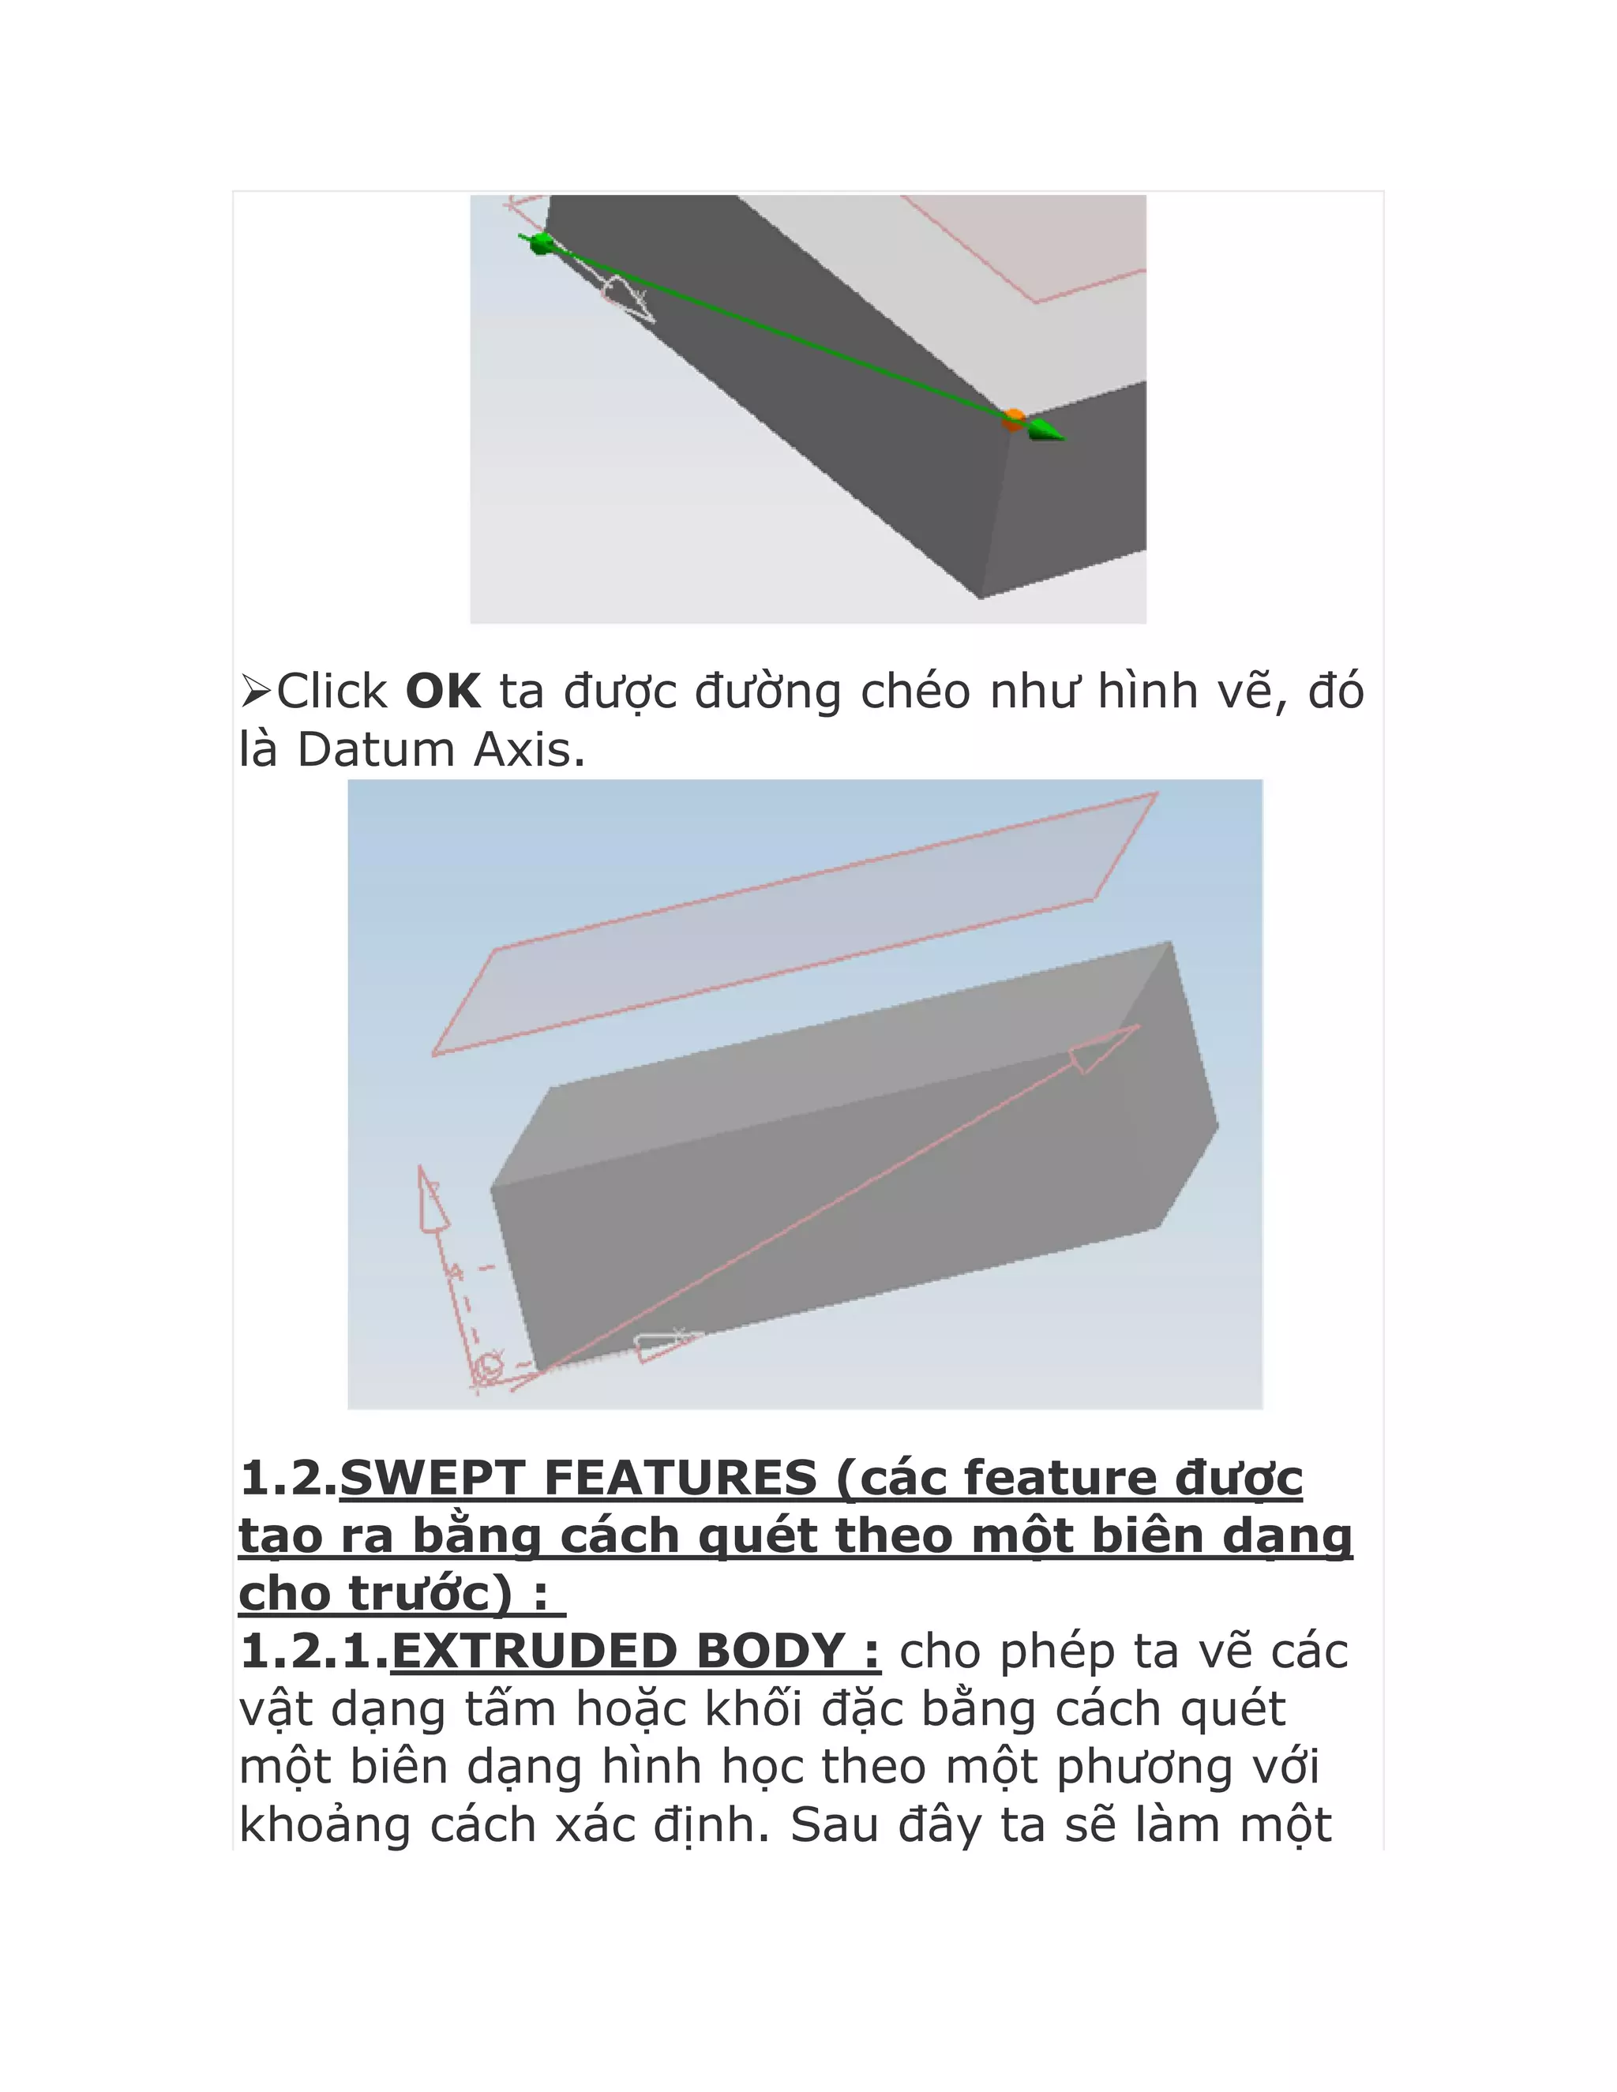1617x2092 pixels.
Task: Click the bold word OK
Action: click(443, 692)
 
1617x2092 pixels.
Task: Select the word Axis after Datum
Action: click(529, 750)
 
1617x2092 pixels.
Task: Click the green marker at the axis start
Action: click(540, 243)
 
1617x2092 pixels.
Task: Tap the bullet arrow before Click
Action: click(256, 692)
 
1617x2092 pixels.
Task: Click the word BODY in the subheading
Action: click(769, 1651)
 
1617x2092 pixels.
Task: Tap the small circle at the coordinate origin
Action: click(490, 1366)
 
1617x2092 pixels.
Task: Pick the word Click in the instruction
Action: click(332, 692)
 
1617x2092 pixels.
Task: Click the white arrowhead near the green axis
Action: click(628, 299)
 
